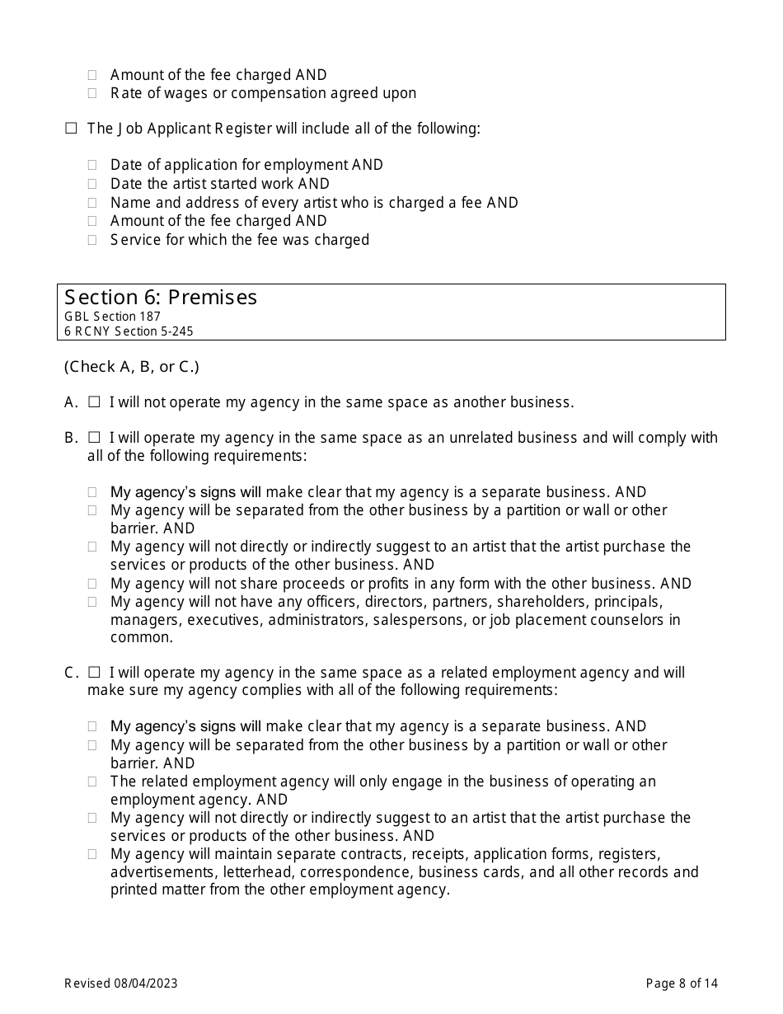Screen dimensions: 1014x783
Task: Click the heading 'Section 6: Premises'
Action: pos(161,298)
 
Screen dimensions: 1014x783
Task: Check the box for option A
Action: pos(94,402)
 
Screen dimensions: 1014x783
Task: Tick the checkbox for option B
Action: pos(94,438)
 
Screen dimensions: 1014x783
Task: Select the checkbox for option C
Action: pos(94,673)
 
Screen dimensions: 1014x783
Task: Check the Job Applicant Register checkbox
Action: pos(71,129)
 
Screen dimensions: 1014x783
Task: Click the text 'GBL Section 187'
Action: pos(112,317)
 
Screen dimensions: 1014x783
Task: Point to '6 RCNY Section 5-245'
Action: pos(129,331)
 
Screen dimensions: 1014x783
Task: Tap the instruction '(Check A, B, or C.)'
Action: pos(131,367)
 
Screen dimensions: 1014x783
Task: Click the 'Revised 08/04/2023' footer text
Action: pos(120,983)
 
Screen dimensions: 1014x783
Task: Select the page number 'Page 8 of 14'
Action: pos(682,983)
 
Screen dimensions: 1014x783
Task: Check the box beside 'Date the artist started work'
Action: pos(92,184)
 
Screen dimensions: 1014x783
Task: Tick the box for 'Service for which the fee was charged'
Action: pos(92,240)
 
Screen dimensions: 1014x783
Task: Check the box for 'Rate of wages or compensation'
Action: pos(92,93)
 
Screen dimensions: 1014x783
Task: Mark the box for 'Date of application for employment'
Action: pos(92,165)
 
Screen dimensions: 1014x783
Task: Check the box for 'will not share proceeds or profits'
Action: pos(92,584)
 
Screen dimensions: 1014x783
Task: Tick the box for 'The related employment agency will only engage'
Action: pos(92,782)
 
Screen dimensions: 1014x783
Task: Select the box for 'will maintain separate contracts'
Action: pos(92,854)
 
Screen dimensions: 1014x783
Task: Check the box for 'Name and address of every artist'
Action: pos(92,203)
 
